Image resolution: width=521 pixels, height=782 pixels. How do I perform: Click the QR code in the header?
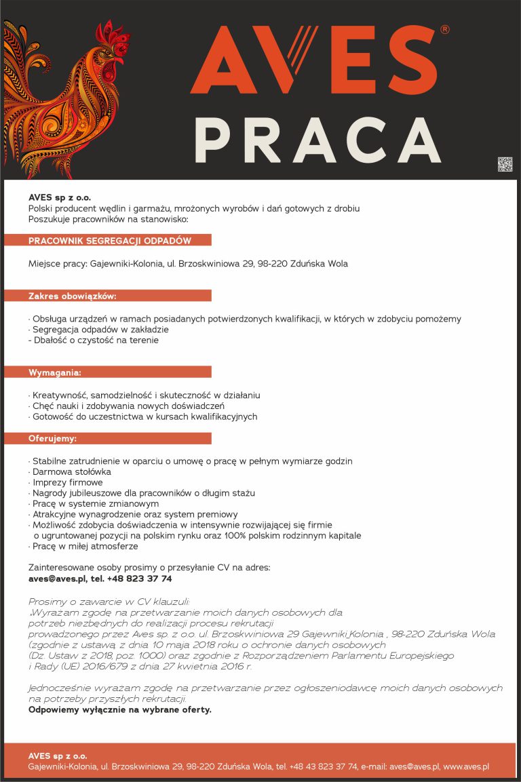point(505,164)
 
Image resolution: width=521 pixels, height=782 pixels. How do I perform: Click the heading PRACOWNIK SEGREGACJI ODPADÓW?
point(109,241)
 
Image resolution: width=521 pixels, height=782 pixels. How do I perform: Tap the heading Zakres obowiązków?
point(73,296)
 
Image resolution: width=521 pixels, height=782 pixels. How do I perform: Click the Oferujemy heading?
point(52,438)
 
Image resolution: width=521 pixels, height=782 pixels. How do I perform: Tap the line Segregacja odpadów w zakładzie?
point(98,330)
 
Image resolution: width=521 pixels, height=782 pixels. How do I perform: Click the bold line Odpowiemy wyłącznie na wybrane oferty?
point(120,709)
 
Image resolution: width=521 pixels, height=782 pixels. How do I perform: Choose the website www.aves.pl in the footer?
point(466,766)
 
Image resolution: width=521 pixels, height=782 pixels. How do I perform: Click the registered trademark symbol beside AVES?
point(444,30)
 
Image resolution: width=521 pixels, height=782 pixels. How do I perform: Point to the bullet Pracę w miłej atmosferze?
point(84,546)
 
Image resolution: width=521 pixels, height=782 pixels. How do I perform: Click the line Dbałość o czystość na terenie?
point(94,340)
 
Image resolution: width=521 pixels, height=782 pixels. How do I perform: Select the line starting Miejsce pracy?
point(188,264)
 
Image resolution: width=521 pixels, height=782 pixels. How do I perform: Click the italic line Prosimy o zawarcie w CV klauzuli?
point(109,602)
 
